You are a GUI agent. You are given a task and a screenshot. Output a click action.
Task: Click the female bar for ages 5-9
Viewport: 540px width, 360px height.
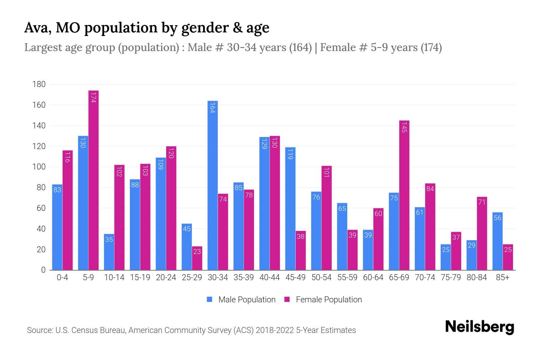click(93, 180)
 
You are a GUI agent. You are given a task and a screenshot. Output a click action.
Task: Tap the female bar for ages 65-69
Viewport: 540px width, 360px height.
click(404, 195)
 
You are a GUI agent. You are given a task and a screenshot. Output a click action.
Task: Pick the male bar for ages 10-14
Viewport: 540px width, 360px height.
click(109, 252)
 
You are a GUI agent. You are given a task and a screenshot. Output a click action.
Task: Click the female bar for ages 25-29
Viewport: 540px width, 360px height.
click(197, 258)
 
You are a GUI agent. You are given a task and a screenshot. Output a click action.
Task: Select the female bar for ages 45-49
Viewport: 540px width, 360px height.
click(301, 250)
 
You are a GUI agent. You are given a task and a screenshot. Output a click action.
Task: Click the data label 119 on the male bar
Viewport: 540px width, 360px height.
click(290, 154)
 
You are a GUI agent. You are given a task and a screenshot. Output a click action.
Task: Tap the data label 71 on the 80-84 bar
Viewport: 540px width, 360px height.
click(482, 202)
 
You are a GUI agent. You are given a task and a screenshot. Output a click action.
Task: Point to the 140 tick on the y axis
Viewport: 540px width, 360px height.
click(39, 126)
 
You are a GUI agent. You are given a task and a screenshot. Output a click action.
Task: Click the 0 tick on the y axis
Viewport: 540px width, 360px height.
click(43, 270)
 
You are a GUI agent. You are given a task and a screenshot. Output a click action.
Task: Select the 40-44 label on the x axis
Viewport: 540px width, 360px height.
click(269, 277)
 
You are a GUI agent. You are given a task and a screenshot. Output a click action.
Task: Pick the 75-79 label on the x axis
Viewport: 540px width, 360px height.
click(451, 277)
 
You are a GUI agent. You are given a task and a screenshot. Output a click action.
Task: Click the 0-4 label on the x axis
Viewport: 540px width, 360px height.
click(62, 277)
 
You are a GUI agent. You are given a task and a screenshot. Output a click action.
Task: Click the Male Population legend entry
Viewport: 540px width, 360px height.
click(247, 300)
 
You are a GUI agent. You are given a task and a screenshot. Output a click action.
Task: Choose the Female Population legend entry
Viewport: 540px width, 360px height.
click(328, 300)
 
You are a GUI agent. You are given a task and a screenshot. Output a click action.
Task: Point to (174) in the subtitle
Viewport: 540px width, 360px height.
click(431, 47)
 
